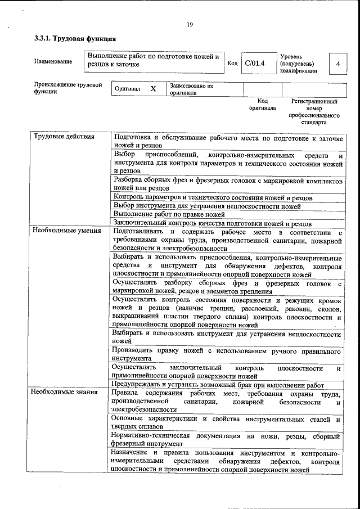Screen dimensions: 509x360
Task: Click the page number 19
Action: coord(190,24)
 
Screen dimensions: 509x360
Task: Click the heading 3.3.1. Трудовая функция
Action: coord(75,39)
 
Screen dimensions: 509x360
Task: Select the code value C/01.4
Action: coord(254,63)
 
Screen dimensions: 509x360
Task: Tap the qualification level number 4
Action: coord(337,64)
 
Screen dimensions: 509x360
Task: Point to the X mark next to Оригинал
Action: coord(153,89)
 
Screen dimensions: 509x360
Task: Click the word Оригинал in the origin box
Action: coord(127,89)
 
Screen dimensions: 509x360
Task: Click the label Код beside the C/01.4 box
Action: coord(232,63)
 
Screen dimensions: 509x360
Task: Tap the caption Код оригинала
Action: coord(262,105)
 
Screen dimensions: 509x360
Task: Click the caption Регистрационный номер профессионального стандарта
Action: coord(314,111)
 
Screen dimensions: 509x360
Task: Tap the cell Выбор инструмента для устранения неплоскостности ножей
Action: coord(206,206)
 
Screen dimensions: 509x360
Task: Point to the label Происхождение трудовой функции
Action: coord(68,88)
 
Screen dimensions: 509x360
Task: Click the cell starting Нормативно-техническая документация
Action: coord(226,440)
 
